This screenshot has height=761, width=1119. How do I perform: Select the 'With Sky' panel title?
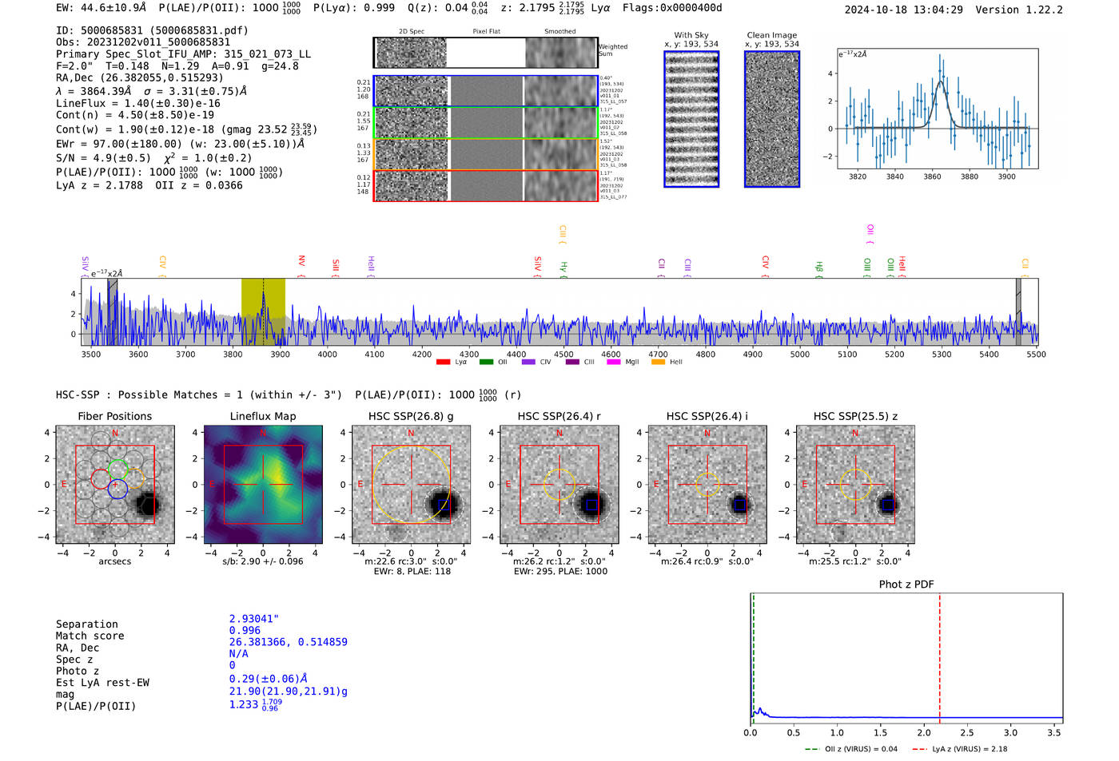[691, 35]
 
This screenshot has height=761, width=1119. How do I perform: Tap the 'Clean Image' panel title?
[771, 35]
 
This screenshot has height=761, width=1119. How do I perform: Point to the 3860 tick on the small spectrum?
[932, 176]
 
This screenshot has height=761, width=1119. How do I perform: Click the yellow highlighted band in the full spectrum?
[263, 311]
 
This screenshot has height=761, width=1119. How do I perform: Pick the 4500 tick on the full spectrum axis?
[563, 355]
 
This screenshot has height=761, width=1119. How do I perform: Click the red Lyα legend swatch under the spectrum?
[443, 363]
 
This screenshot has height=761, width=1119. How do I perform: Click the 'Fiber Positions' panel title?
[114, 416]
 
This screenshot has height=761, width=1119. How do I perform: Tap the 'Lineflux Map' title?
[263, 416]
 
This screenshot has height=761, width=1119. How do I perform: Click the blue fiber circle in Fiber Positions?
[117, 489]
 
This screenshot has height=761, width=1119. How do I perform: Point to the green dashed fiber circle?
[117, 470]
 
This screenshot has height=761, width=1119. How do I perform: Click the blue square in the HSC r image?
[591, 505]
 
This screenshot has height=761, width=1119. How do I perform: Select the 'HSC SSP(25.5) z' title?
[855, 416]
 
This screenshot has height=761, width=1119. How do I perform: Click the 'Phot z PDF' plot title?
[906, 585]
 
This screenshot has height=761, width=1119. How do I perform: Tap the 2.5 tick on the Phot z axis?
[967, 732]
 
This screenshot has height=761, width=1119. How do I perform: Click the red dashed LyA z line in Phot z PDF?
[940, 655]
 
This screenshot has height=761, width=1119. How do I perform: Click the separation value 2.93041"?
[254, 619]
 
